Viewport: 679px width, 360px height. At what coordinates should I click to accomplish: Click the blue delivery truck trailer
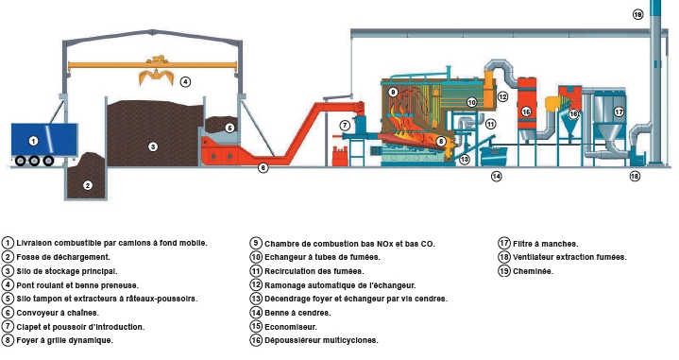[x=35, y=141]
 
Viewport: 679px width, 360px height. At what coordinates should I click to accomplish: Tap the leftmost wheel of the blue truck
[x=21, y=161]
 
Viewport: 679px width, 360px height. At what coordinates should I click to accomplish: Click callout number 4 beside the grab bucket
[x=186, y=81]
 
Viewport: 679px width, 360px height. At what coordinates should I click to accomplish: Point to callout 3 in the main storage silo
[x=152, y=146]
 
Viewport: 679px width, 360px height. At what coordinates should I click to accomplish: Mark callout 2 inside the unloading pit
[x=87, y=184]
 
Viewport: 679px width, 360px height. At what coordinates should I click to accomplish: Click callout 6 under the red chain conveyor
[x=263, y=167]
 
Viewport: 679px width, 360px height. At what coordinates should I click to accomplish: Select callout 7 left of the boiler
[x=345, y=126]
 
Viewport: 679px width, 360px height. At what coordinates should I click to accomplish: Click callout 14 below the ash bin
[x=496, y=176]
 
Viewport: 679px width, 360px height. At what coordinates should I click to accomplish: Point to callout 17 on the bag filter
[x=619, y=111]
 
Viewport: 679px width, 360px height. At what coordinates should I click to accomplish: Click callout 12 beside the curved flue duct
[x=502, y=96]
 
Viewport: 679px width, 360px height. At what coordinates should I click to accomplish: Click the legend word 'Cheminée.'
[x=534, y=270]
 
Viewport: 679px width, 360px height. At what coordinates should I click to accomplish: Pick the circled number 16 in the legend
[x=256, y=340]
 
